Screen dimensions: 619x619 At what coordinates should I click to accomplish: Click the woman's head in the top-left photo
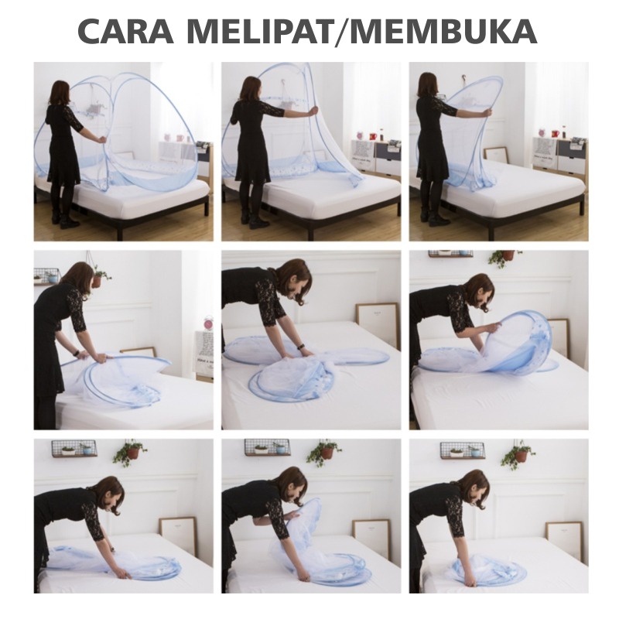coord(60,92)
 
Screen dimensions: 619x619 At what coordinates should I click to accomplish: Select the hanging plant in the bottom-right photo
coord(517,455)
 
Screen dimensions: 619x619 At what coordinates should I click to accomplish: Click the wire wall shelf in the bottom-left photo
coord(74,448)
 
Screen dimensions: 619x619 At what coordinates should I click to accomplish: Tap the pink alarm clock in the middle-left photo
coord(208,323)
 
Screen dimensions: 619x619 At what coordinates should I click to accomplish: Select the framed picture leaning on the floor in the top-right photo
coord(495,155)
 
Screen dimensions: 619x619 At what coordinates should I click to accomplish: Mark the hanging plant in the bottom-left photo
coord(130,453)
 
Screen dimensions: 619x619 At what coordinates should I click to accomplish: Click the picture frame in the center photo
coord(377,321)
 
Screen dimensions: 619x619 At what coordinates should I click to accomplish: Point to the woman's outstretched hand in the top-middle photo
coord(313,111)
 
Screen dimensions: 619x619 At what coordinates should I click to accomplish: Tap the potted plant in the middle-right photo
coord(507,258)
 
